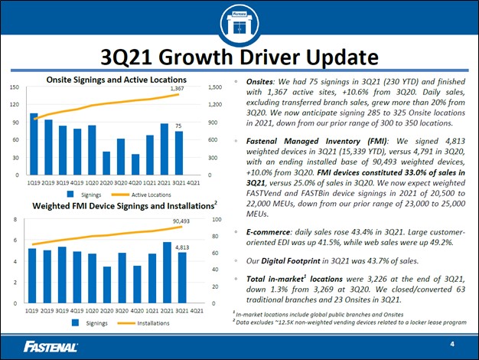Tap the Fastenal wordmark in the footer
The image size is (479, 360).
pos(51,345)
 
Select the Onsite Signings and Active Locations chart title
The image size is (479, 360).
pos(116,79)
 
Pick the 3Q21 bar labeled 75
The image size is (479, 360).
pos(178,153)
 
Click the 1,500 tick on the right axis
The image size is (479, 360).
pos(216,87)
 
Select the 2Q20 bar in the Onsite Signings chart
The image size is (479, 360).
pos(106,163)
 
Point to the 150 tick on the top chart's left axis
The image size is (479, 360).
pos(14,87)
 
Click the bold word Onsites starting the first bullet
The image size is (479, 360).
pos(258,79)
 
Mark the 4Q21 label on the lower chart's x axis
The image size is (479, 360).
pos(195,311)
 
